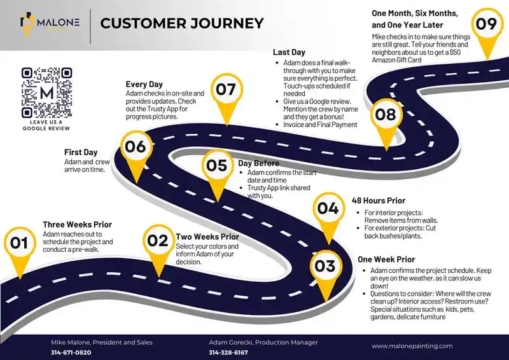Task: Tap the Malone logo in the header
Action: (50, 24)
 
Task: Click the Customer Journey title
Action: (182, 24)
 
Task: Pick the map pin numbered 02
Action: (157, 242)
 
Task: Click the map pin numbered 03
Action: (324, 266)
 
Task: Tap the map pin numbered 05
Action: (217, 166)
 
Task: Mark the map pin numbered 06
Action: (135, 148)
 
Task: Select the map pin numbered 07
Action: (226, 90)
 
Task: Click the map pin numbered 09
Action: (486, 25)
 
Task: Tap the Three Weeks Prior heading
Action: (77, 225)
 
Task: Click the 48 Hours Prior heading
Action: (379, 201)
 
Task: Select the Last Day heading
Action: (289, 52)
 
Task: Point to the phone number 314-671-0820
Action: (71, 352)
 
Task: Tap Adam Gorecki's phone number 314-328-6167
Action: (228, 352)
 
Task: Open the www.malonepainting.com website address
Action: (412, 346)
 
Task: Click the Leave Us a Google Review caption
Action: (46, 125)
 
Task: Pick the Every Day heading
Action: (144, 84)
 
